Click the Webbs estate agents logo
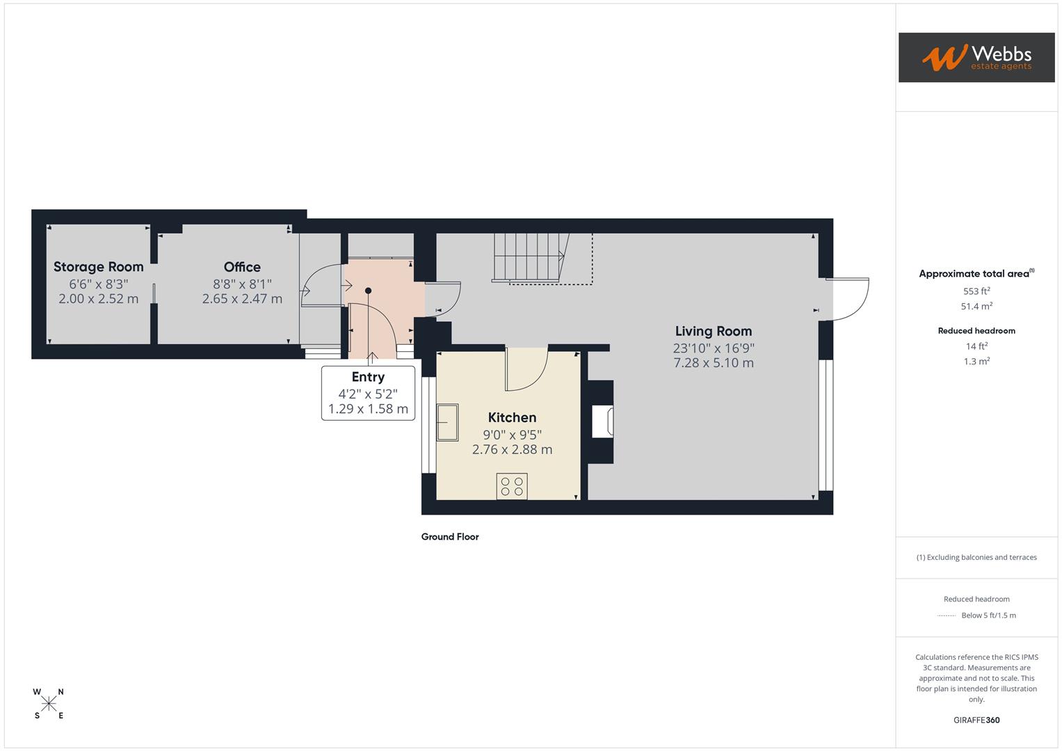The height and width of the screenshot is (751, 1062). coord(976,58)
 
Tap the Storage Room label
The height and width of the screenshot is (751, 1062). coord(99,267)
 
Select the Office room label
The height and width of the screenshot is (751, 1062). coord(242,267)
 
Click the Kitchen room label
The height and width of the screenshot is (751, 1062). coord(512,417)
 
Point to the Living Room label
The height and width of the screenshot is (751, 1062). coord(714,331)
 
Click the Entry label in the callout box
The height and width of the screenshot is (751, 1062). coord(368,377)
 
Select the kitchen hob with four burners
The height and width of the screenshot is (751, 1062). coord(512,486)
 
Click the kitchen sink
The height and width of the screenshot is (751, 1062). coord(447,422)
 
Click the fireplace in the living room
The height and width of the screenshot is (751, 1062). coord(602,422)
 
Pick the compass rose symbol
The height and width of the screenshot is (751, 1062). coord(49,704)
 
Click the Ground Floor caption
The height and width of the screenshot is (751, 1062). coord(450,537)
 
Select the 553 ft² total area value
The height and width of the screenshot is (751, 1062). coord(976,291)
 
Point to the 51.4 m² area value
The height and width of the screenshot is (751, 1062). coord(976,307)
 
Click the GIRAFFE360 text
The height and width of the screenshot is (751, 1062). coord(976,720)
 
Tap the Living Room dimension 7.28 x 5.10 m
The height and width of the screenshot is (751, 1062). coord(714,363)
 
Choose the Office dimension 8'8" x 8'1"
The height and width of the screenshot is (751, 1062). coord(242,284)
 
